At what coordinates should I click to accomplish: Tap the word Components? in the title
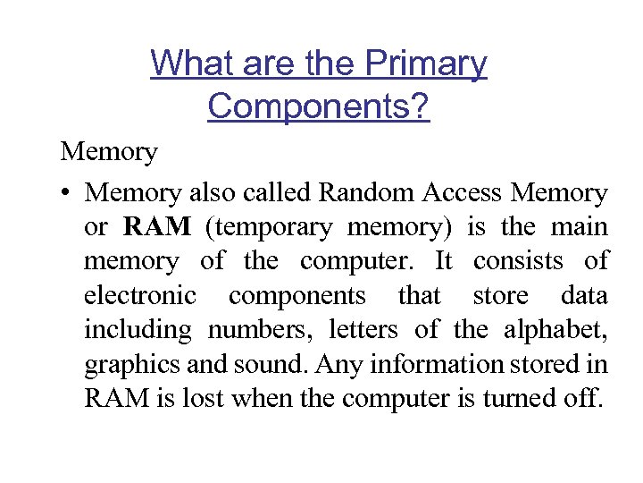coord(319,106)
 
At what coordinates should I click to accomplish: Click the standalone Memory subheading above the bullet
coord(109,152)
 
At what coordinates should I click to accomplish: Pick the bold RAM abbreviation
coord(158,227)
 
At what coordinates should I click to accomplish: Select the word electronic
coord(140,296)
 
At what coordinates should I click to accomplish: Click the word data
coord(584,296)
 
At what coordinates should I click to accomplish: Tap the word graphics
coord(124,365)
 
